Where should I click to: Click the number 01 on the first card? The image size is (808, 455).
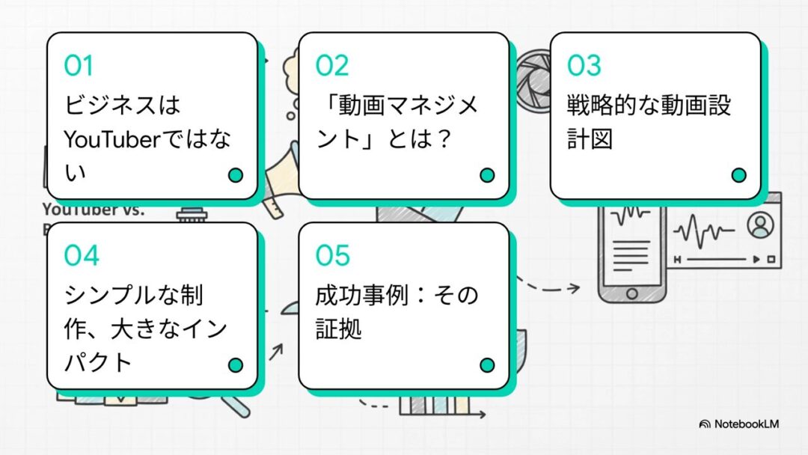79,66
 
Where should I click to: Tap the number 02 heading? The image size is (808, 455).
331,66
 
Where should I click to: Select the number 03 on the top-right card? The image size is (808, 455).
584,66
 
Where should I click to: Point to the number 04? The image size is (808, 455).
81,256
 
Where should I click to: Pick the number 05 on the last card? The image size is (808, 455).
333,256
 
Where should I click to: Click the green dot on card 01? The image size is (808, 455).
236,175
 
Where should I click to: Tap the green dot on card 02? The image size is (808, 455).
487,175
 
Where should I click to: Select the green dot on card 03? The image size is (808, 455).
739,175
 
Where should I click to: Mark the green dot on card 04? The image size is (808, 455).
236,365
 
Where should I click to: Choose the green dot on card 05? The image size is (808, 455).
487,365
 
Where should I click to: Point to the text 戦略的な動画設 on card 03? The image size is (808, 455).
648,105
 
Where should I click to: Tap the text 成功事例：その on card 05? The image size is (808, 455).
397,295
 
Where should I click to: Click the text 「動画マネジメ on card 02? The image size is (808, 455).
397,105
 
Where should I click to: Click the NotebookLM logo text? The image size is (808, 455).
746,424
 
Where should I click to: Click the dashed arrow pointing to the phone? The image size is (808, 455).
550,286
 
